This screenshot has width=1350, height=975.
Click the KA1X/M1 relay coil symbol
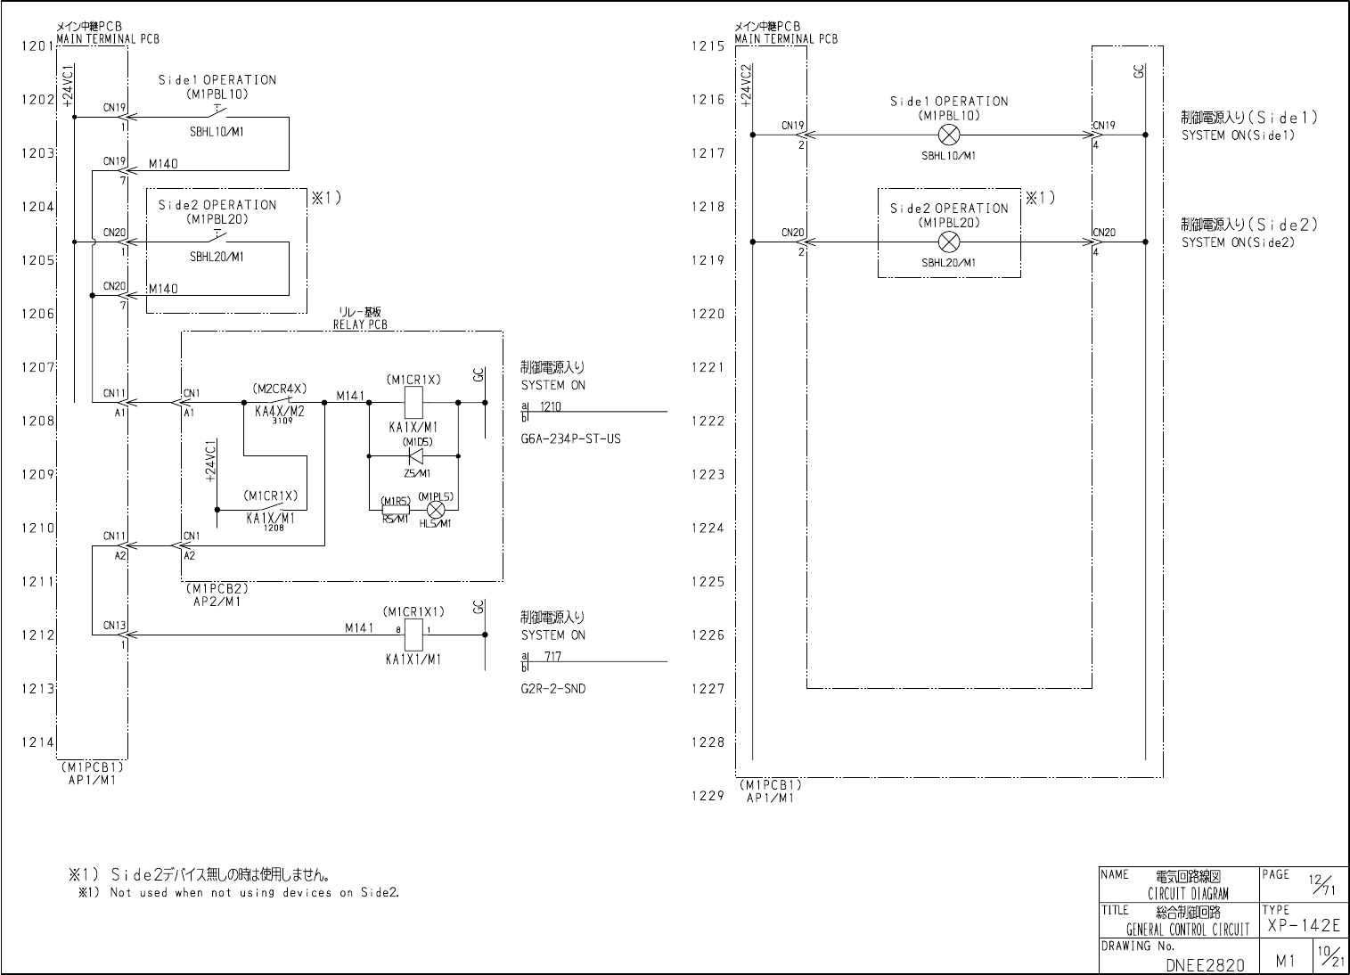[414, 403]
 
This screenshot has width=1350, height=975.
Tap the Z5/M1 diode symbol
[414, 456]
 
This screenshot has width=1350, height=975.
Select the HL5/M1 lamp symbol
[436, 509]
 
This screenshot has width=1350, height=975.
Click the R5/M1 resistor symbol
[395, 509]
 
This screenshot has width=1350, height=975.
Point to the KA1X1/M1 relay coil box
[414, 635]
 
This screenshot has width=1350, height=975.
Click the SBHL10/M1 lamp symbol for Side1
[950, 135]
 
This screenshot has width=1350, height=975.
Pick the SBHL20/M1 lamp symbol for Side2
[950, 242]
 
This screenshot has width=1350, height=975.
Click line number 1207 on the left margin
[39, 367]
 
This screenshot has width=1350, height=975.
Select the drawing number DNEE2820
[1205, 964]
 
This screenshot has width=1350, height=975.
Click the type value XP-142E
[1303, 927]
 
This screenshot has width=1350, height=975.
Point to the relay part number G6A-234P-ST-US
[571, 439]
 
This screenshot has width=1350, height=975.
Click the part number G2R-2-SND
[553, 689]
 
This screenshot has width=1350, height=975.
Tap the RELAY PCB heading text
[360, 324]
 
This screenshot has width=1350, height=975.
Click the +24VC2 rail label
[746, 85]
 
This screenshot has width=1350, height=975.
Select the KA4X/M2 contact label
[279, 412]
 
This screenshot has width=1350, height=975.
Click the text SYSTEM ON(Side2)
[1238, 242]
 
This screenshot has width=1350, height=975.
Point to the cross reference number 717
[552, 657]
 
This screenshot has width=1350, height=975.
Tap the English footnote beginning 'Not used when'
[254, 892]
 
